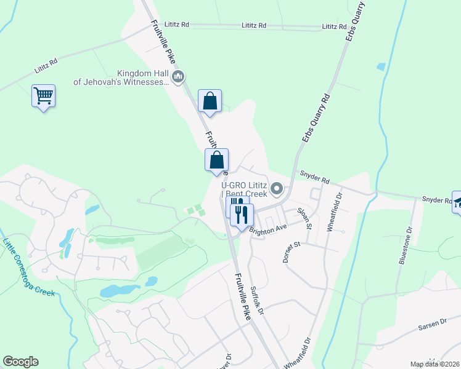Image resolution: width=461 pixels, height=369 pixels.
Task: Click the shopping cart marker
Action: (44, 96)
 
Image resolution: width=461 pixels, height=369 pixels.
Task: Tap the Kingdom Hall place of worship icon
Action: (179, 77)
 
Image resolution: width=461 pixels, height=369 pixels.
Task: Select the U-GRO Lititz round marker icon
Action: (277, 188)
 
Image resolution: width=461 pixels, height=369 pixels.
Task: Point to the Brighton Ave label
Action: (268, 228)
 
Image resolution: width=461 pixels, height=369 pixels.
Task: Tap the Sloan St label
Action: (305, 218)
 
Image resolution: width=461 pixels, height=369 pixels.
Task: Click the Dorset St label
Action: (291, 252)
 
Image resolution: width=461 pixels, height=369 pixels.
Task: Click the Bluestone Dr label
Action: (406, 245)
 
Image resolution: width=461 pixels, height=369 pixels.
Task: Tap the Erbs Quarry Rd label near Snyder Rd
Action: (317, 119)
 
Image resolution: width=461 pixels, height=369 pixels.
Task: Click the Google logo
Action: (20, 362)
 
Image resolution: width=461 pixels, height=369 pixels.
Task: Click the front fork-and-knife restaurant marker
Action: (242, 215)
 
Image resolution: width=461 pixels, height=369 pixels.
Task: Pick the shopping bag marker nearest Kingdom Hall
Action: (210, 101)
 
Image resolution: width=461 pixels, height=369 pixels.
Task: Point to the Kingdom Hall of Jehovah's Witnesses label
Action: (121, 77)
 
